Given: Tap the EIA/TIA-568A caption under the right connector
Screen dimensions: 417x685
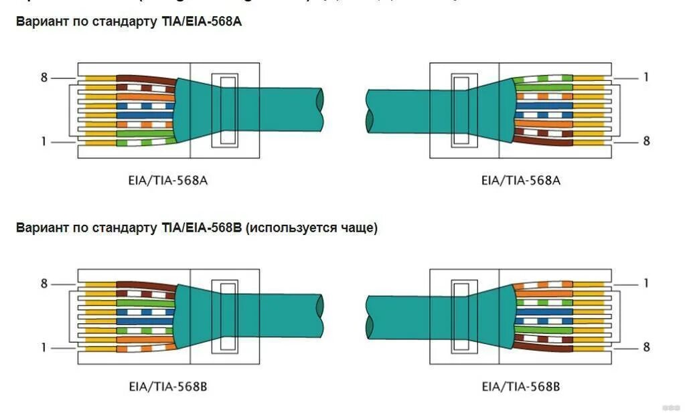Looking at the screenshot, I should click(x=520, y=180).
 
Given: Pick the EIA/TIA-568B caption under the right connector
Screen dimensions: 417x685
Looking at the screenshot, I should click(x=520, y=386).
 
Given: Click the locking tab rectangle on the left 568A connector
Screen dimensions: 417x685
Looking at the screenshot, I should click(x=224, y=110).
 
